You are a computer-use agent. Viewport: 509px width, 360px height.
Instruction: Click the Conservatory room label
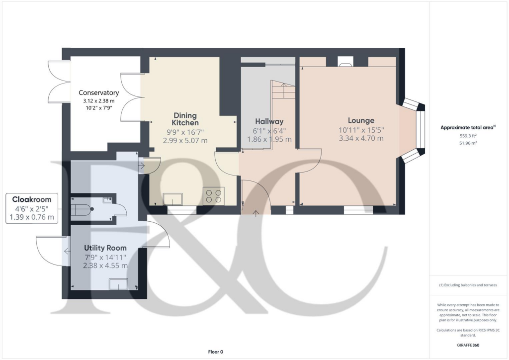click(98, 92)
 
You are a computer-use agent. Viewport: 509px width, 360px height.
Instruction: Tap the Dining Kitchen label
click(185, 119)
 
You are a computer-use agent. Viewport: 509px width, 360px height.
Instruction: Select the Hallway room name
click(269, 121)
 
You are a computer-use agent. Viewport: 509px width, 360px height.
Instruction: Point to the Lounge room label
click(361, 120)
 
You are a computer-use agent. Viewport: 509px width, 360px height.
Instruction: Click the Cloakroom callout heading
click(32, 199)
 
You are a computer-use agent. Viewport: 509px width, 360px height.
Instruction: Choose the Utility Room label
click(105, 248)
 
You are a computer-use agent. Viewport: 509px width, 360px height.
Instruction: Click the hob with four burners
click(214, 195)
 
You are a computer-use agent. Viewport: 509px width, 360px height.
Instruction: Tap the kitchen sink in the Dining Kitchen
click(172, 199)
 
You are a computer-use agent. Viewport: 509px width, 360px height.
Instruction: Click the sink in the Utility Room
click(118, 284)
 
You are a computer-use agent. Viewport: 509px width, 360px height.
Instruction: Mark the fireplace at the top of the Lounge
click(345, 61)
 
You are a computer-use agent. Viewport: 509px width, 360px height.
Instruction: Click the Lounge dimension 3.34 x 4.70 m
click(361, 138)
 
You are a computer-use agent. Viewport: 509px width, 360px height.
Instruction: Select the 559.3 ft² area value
click(467, 135)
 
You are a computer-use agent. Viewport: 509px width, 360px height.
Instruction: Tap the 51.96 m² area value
click(467, 143)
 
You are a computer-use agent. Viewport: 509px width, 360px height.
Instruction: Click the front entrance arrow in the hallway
click(256, 213)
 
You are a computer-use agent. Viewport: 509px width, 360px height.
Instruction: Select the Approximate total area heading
click(467, 127)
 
